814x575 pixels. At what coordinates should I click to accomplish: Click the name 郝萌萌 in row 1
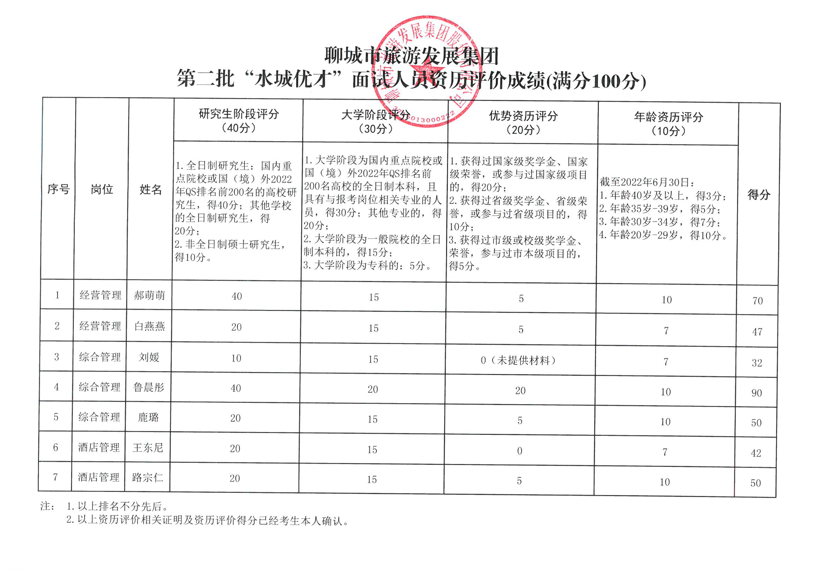pos(149,295)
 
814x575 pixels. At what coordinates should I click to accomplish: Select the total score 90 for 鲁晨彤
pos(756,393)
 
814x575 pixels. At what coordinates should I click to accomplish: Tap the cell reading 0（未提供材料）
pos(519,360)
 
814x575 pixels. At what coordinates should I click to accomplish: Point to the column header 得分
pos(758,194)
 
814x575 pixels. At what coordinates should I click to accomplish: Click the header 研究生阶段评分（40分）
pos(238,120)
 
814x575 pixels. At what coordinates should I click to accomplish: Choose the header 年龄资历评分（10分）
pos(668,123)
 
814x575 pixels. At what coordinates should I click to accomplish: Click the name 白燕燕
pos(149,326)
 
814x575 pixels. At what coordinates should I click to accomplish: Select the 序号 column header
pos(58,189)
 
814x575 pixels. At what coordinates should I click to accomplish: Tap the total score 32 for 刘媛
pos(757,363)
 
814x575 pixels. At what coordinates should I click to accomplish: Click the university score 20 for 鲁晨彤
pos(373,389)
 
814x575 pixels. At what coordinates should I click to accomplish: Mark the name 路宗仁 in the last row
pos(148,478)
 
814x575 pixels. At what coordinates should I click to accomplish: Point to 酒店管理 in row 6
pos(99,447)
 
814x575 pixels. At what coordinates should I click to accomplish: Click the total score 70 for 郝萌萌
pos(757,301)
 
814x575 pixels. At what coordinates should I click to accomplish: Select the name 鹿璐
pos(148,417)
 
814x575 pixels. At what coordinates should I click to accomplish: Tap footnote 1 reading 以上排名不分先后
pos(117,506)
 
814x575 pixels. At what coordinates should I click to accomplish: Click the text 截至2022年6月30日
pos(647,182)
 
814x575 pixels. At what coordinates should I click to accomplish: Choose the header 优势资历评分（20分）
pos(523,122)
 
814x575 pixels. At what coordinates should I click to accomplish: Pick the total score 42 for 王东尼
pos(756,453)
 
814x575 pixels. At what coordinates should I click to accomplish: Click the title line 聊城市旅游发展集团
pos(411,56)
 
